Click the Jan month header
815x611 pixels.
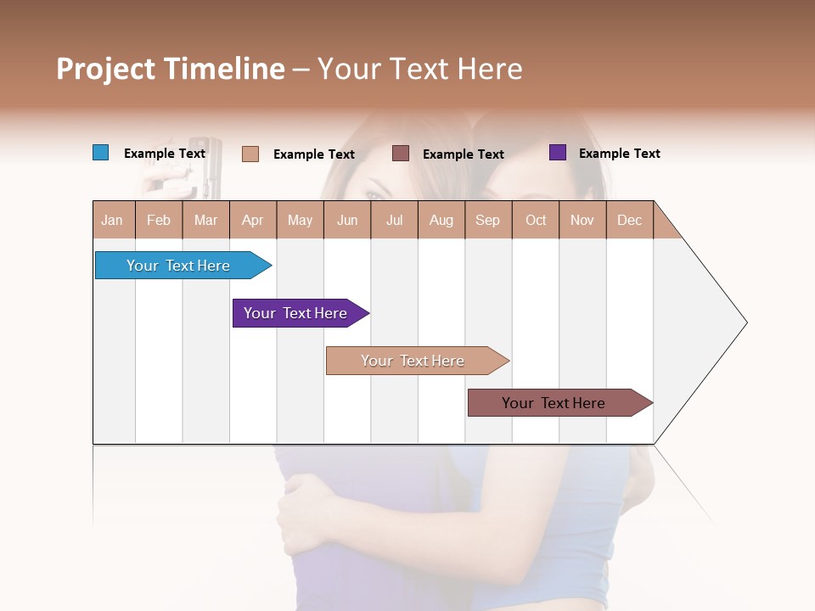coord(112,221)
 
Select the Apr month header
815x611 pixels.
coord(252,221)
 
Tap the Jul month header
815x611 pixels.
coord(394,221)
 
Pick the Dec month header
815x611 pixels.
coord(629,221)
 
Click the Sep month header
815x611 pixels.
coord(487,221)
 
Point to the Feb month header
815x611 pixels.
coord(159,221)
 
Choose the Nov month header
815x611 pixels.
coord(582,221)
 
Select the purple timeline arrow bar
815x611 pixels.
coord(297,313)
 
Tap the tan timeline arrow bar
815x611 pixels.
coord(414,361)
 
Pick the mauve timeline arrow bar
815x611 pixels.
coord(556,403)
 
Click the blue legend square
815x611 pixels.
coord(100,153)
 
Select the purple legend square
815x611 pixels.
coord(557,153)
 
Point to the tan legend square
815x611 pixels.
coord(250,154)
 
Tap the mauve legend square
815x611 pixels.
coord(400,154)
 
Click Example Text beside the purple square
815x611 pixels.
coord(619,154)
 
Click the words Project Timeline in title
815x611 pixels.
coord(170,69)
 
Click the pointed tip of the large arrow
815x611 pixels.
coord(745,322)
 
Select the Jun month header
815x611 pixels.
coord(347,221)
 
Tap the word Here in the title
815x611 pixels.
coord(490,69)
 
